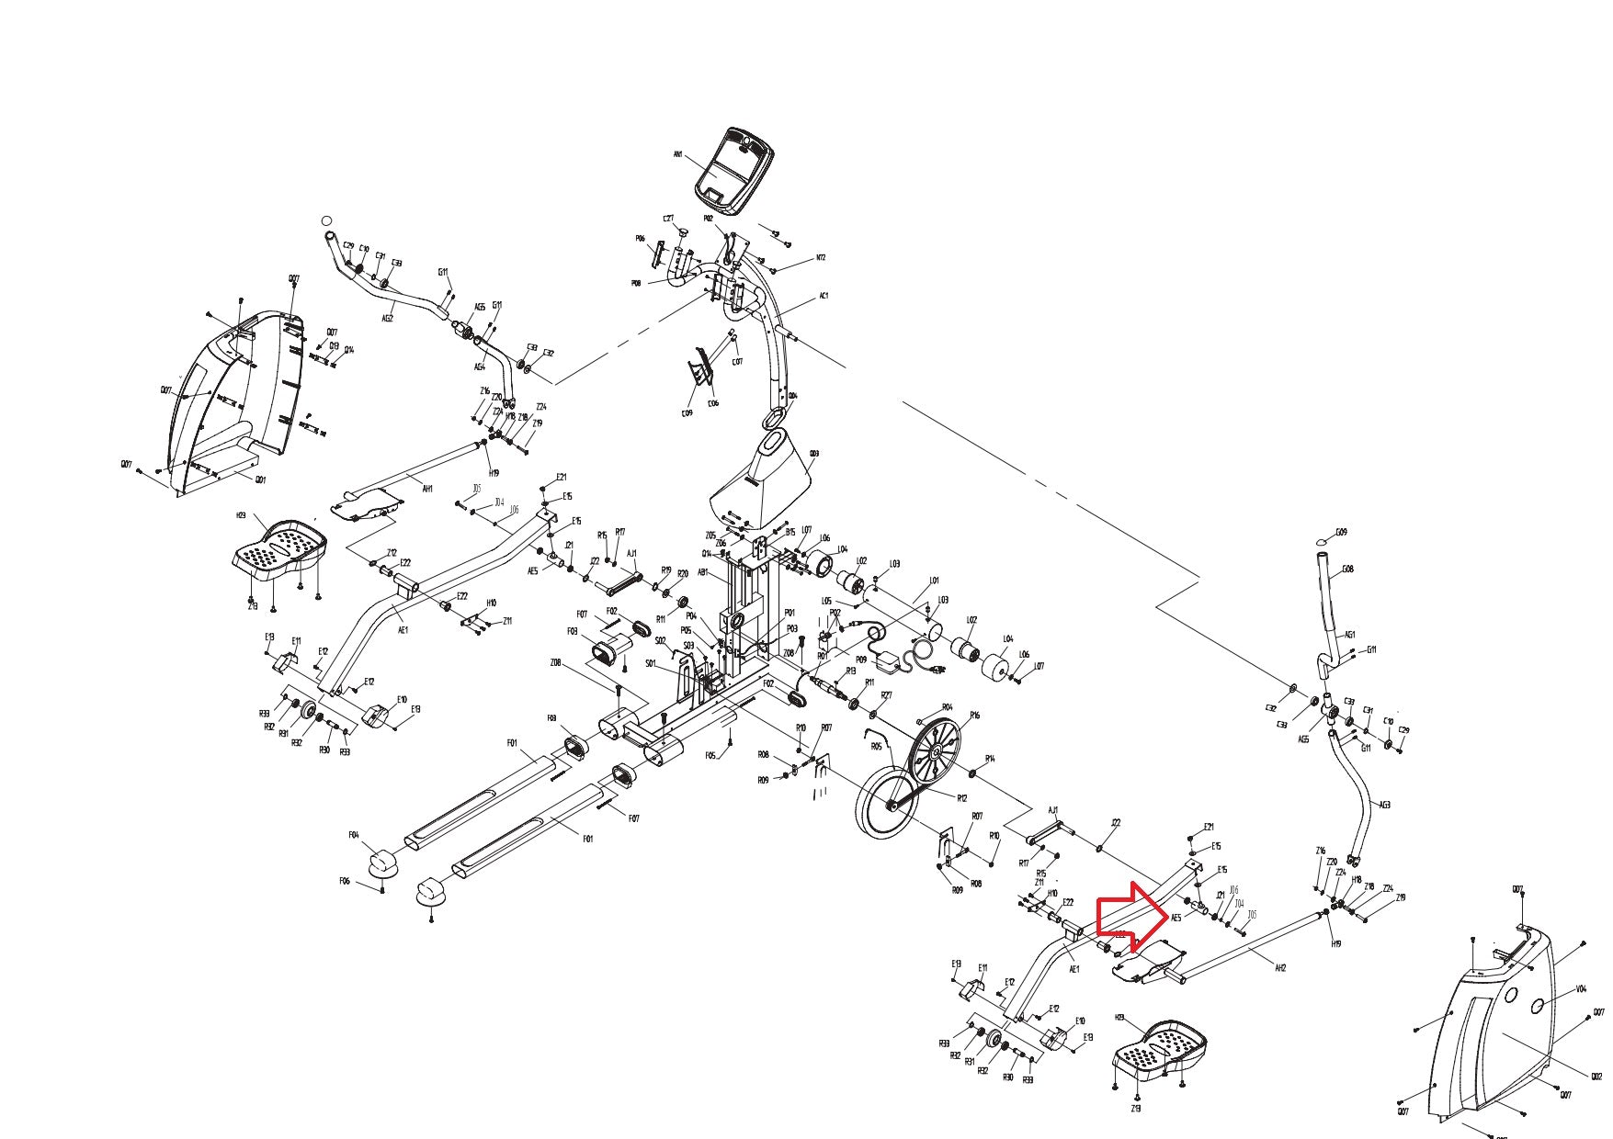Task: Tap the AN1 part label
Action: point(677,155)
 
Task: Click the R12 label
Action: point(961,798)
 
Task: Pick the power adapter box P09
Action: point(890,661)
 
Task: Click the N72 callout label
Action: point(821,258)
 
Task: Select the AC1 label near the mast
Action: point(824,297)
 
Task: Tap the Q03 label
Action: point(813,453)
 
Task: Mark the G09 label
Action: point(1341,532)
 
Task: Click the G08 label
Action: point(1347,569)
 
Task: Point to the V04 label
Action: point(1581,989)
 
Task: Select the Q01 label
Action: point(260,479)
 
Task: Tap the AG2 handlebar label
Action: point(387,319)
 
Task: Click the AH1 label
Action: point(427,490)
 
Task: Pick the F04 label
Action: point(354,835)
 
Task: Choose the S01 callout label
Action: point(650,663)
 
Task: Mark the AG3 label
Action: point(1385,805)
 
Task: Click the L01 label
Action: point(935,581)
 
